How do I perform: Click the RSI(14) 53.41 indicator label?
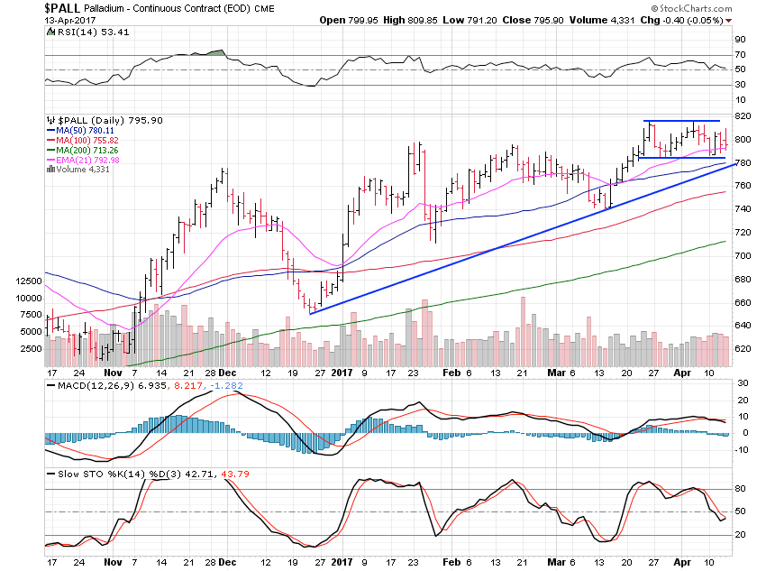(x=83, y=32)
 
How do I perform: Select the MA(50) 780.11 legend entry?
(x=86, y=130)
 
